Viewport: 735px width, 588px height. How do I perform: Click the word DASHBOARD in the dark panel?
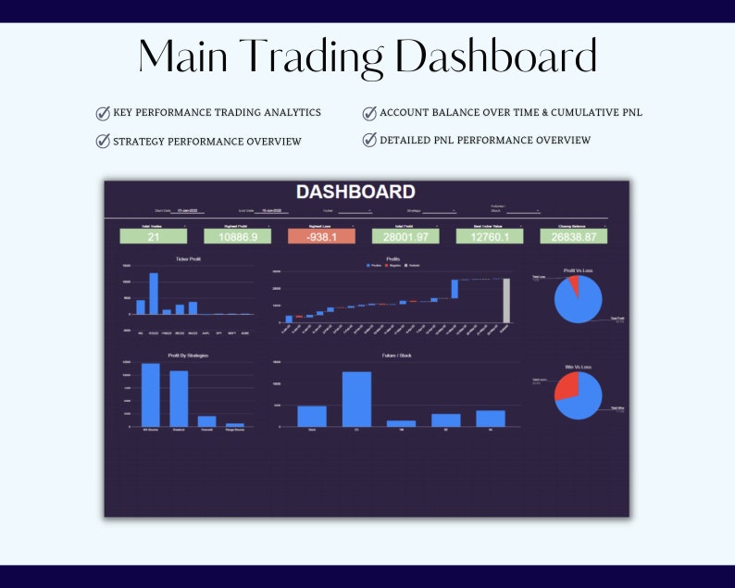tap(355, 192)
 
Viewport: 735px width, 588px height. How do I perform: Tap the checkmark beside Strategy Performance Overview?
tap(103, 142)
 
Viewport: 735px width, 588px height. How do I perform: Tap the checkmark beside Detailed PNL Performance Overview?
tap(369, 141)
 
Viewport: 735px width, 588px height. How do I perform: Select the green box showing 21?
tap(154, 237)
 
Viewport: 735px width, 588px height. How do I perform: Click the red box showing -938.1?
tap(321, 237)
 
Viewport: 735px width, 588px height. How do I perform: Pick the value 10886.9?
tap(238, 237)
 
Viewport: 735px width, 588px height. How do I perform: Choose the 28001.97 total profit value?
tap(405, 237)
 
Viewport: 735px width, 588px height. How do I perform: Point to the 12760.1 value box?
tap(489, 237)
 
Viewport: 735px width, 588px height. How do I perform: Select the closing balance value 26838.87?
tap(574, 237)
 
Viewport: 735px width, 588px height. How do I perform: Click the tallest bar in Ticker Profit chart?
tap(154, 294)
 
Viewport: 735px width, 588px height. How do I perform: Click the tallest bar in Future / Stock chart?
tap(356, 399)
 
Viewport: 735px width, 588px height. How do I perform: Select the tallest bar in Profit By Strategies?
tap(150, 394)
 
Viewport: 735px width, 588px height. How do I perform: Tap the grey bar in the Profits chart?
tap(506, 301)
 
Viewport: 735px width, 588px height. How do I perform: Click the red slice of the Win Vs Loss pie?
tap(567, 388)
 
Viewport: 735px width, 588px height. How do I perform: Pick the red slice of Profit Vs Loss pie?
tap(575, 282)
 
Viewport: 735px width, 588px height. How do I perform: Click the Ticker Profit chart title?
tap(189, 259)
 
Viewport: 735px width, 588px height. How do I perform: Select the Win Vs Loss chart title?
tap(578, 367)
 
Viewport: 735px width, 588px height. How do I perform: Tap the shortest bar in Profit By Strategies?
tap(235, 424)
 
